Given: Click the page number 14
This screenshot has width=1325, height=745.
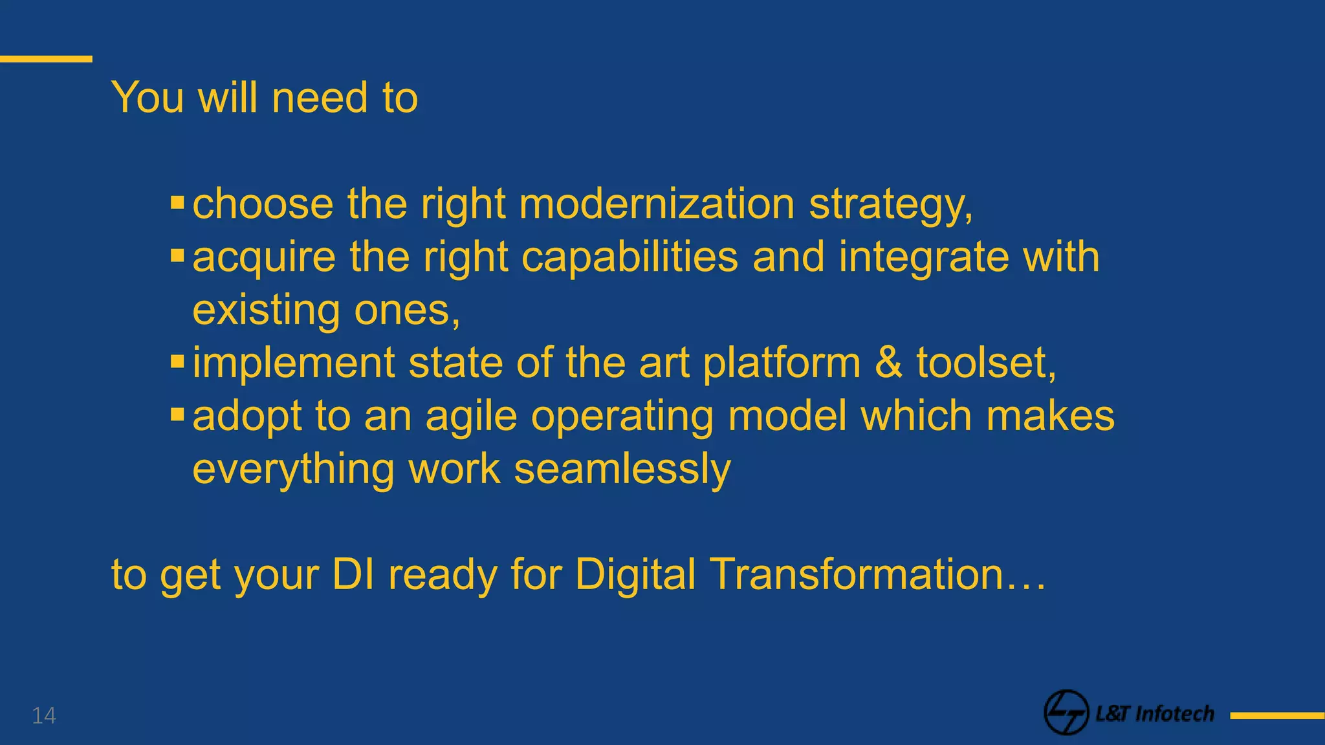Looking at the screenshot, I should (44, 715).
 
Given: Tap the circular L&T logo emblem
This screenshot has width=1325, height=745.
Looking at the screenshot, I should (1066, 713).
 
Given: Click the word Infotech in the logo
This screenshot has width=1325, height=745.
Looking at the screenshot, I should (1174, 714).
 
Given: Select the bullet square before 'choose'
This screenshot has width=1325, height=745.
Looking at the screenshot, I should (177, 204).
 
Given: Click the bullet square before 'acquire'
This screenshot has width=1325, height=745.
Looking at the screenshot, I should (177, 257).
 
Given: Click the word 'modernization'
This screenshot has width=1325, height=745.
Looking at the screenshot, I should (656, 204).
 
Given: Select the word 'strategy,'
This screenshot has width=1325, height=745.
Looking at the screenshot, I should (891, 206).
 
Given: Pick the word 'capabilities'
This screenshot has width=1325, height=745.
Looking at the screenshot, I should (630, 257).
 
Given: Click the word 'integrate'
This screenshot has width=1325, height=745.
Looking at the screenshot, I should (923, 257).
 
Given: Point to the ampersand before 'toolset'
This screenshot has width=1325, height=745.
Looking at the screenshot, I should (888, 362).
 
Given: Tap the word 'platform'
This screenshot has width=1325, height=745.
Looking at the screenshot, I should (782, 363).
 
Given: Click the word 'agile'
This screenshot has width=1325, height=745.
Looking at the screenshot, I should (471, 416).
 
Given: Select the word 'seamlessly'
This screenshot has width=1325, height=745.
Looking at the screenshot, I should (622, 469).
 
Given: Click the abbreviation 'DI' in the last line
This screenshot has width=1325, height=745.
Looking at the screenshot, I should (353, 574).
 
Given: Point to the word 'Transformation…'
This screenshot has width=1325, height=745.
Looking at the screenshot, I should (877, 574).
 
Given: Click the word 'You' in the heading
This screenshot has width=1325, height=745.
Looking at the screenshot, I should (148, 98).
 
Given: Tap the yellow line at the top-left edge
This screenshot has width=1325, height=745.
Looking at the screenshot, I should (46, 59).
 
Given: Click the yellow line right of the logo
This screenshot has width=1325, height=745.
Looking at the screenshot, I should (1277, 715).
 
